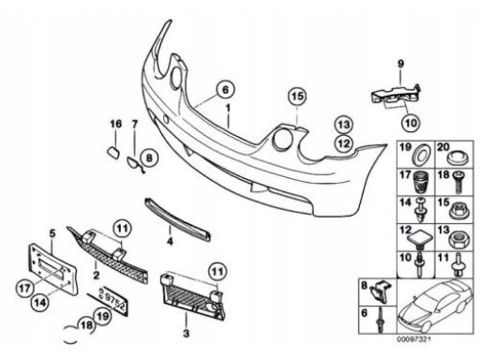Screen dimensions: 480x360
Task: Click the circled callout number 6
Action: click(x=225, y=90)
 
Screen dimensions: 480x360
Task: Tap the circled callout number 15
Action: click(x=297, y=97)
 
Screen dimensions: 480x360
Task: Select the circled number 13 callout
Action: click(x=343, y=125)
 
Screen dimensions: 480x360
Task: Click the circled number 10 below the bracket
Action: click(x=411, y=123)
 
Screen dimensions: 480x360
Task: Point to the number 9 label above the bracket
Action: click(x=400, y=64)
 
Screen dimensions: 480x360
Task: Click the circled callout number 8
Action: click(x=149, y=157)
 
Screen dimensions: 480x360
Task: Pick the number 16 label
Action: click(x=115, y=124)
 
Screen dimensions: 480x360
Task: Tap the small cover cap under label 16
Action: click(x=112, y=152)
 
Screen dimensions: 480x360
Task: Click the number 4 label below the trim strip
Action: click(x=170, y=241)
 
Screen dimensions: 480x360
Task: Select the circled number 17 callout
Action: click(x=24, y=288)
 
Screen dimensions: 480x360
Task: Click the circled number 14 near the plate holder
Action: click(x=40, y=303)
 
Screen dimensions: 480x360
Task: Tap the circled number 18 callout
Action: click(x=86, y=325)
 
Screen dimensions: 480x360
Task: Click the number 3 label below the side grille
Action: click(x=186, y=334)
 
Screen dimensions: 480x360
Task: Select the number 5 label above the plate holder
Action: click(x=52, y=233)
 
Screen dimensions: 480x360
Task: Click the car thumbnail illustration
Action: click(x=435, y=306)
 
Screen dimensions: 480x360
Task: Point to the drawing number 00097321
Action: click(x=413, y=339)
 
